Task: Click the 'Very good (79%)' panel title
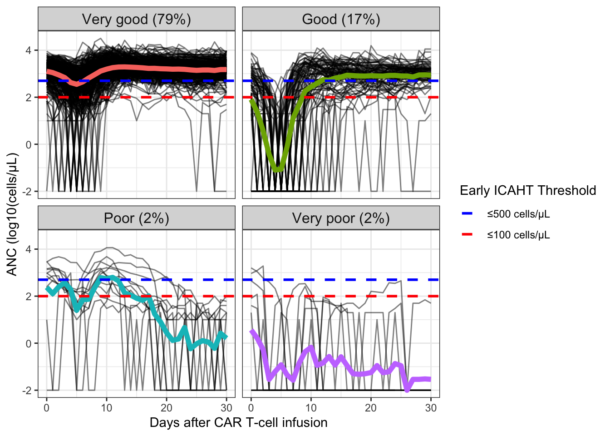click(136, 20)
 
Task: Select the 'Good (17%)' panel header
click(341, 20)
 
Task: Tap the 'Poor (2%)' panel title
click(136, 218)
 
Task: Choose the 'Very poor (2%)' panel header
click(341, 218)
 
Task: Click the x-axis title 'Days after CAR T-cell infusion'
click(238, 422)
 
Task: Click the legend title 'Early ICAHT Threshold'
click(527, 190)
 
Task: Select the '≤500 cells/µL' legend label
click(518, 214)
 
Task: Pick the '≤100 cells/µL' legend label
click(518, 235)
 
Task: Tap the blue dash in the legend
click(467, 213)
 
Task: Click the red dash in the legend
click(467, 234)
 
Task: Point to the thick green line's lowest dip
click(277, 170)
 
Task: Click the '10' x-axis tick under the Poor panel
click(106, 408)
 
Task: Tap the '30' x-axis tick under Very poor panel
click(431, 408)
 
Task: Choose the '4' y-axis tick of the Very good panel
click(29, 50)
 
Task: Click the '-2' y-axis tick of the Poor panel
click(26, 391)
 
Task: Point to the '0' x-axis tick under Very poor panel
click(251, 408)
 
